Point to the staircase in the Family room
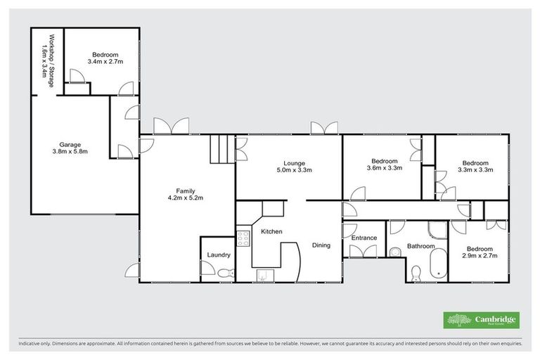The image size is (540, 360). click(221, 149)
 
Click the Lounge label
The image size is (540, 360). click(294, 163)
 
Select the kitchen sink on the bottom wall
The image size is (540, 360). click(264, 276)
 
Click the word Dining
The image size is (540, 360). click(322, 245)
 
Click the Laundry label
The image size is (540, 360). click(217, 255)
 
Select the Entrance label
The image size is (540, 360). click(364, 238)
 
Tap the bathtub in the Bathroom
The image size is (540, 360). click(437, 266)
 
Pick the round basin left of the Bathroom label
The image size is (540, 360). click(397, 248)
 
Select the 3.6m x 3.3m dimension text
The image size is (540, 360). click(385, 169)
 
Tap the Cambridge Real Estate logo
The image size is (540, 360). click(482, 320)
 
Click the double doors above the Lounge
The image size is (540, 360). click(325, 128)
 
